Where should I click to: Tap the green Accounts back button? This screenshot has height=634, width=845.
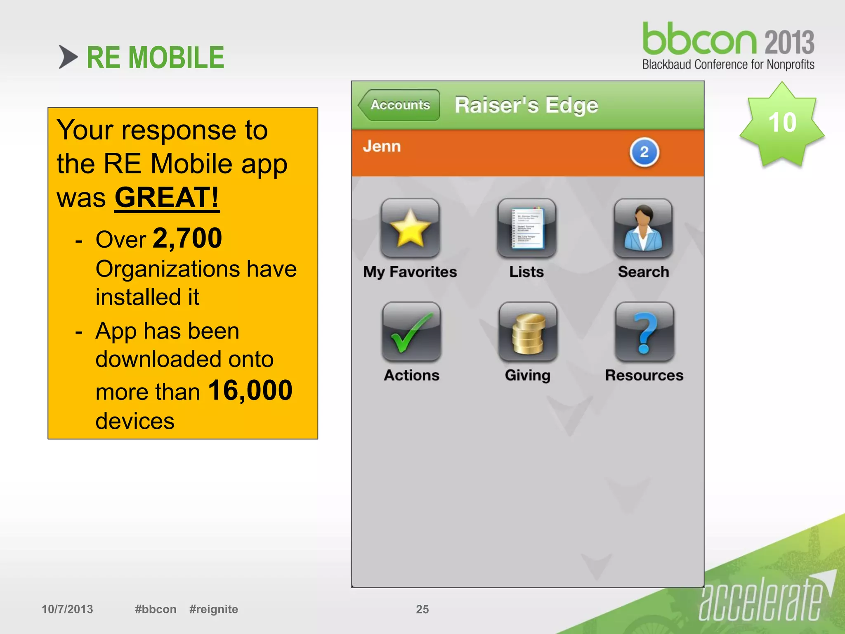pos(399,105)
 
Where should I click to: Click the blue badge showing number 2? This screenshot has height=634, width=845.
pos(644,152)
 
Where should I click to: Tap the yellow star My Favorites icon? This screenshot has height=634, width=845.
pos(410,228)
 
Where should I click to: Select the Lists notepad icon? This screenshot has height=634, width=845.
pos(526,228)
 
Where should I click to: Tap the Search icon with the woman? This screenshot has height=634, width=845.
pos(643,228)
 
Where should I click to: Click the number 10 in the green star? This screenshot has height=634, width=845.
pos(782,123)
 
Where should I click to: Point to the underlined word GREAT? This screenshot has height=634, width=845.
pos(167,198)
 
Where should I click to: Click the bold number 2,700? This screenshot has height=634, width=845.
pos(187,238)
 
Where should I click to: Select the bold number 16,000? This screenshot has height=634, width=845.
pos(250,390)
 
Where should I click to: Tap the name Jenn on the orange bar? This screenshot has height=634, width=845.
pos(382,146)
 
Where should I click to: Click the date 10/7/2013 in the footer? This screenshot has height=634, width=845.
pos(67,609)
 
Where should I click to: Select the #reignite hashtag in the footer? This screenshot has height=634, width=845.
pos(213,609)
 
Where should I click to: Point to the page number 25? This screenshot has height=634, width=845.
pos(422,609)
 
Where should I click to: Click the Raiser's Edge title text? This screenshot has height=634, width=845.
pos(526,105)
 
